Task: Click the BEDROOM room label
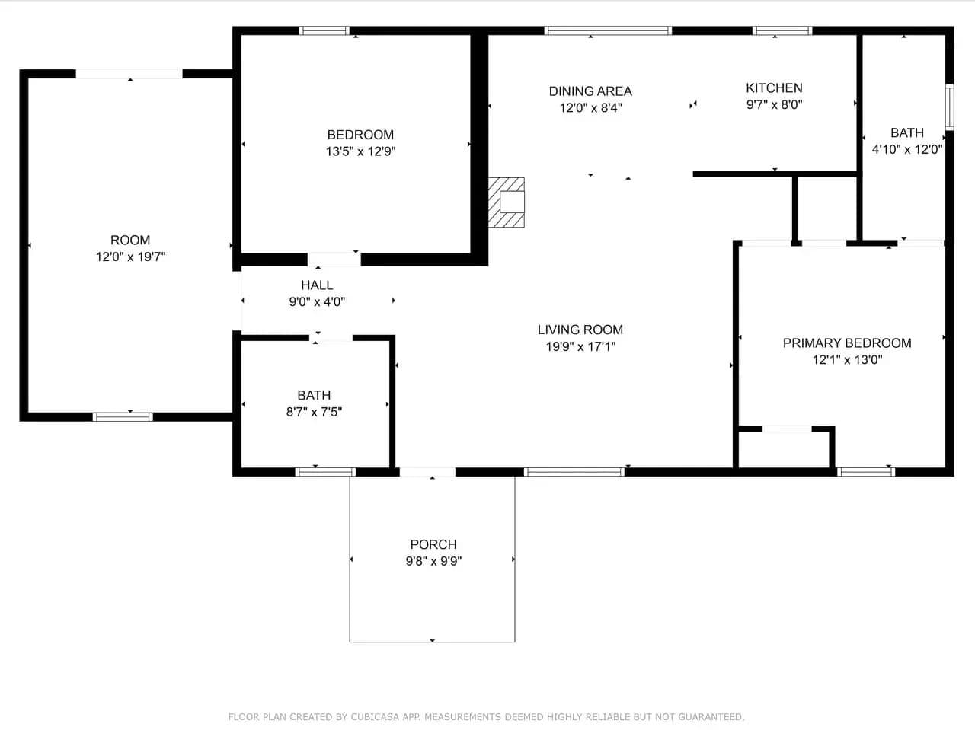coord(360,135)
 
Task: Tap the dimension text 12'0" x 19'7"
coord(130,257)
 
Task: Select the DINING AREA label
coord(590,91)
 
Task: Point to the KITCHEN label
coord(774,88)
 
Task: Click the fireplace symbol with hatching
coord(507,202)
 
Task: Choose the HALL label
coord(317,285)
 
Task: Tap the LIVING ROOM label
coord(580,330)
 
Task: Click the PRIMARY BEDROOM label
coord(847,343)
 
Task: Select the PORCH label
coord(433,544)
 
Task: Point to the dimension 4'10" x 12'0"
coord(907,149)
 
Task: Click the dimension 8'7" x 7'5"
coord(314,412)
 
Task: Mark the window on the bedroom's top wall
coord(324,30)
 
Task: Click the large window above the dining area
coord(608,30)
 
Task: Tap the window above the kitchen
coord(782,30)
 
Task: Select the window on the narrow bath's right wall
coord(949,107)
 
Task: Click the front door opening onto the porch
coord(428,472)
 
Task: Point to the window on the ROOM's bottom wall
coord(123,416)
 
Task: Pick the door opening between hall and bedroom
coord(334,259)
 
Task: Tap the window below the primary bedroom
coord(866,472)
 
